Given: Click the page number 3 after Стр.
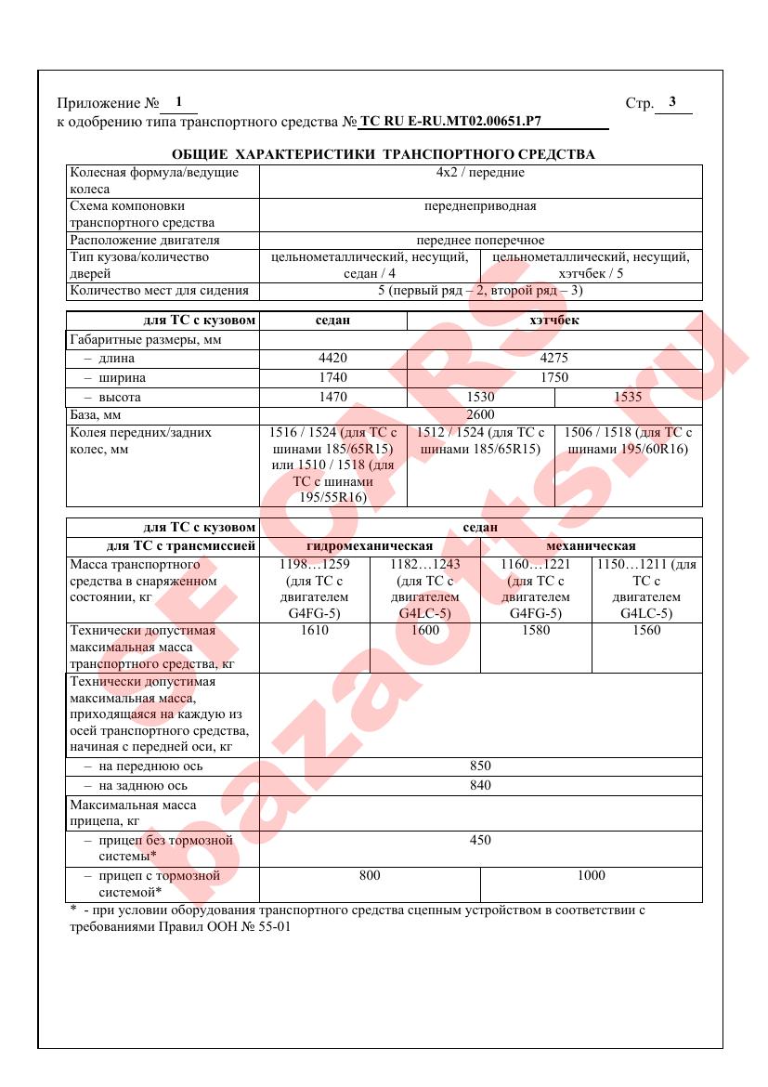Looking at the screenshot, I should [x=672, y=102].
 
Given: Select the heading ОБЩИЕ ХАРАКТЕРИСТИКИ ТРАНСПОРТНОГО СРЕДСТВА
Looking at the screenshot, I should [x=384, y=154].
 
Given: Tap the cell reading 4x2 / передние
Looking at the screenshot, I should [x=480, y=173].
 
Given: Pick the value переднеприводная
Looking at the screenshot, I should [x=480, y=206].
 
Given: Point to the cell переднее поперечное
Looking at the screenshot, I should [x=480, y=241].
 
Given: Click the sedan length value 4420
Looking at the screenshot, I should [x=332, y=359].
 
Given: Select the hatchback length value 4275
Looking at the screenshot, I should [x=554, y=359].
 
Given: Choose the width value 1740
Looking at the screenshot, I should [x=332, y=378].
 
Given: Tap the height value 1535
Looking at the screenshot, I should [x=628, y=398].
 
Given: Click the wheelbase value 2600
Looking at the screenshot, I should [x=480, y=415].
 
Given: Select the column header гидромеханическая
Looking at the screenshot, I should [x=370, y=546].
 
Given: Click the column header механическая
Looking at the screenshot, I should [x=592, y=546].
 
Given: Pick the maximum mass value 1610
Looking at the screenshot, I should [x=315, y=631].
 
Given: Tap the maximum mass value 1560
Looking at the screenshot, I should [x=646, y=631].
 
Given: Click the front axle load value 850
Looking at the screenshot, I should [x=480, y=766].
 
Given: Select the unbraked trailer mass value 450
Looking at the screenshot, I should [x=480, y=840].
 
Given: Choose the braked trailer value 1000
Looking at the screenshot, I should [x=591, y=875].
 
